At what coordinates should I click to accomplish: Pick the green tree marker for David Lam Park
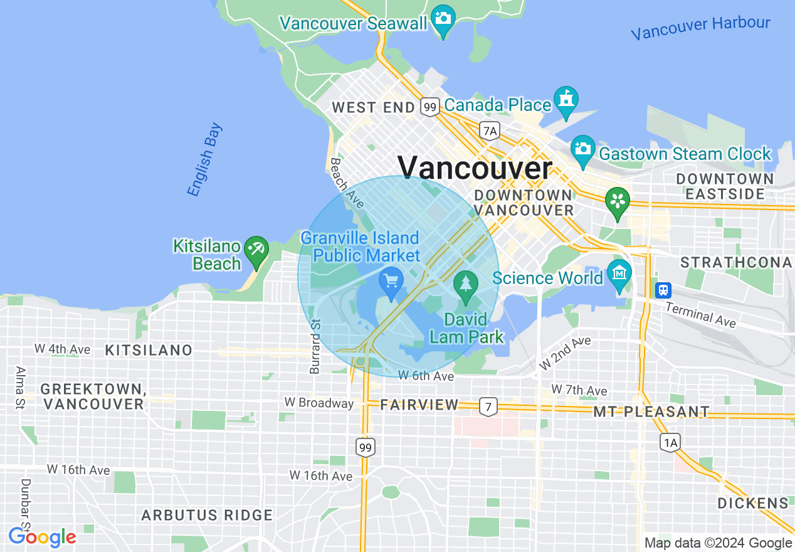pyautogui.click(x=466, y=285)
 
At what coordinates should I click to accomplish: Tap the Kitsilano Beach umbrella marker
pyautogui.click(x=256, y=250)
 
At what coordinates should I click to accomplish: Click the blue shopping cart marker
pyautogui.click(x=392, y=282)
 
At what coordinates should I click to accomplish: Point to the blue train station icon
pyautogui.click(x=663, y=290)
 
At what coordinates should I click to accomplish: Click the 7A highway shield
pyautogui.click(x=490, y=130)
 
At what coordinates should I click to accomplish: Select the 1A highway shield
pyautogui.click(x=670, y=443)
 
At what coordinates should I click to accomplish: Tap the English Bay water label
pyautogui.click(x=205, y=161)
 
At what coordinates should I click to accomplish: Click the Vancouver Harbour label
pyautogui.click(x=700, y=28)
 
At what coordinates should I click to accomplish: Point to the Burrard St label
pyautogui.click(x=315, y=346)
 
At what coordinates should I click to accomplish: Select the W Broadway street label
pyautogui.click(x=319, y=403)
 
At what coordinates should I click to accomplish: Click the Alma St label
pyautogui.click(x=19, y=388)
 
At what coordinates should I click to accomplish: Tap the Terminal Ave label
pyautogui.click(x=700, y=313)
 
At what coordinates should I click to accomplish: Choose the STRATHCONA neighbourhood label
pyautogui.click(x=737, y=262)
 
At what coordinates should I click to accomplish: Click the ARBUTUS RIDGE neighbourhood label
pyautogui.click(x=207, y=516)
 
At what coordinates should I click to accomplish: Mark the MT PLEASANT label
pyautogui.click(x=651, y=412)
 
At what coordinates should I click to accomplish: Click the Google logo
pyautogui.click(x=42, y=537)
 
